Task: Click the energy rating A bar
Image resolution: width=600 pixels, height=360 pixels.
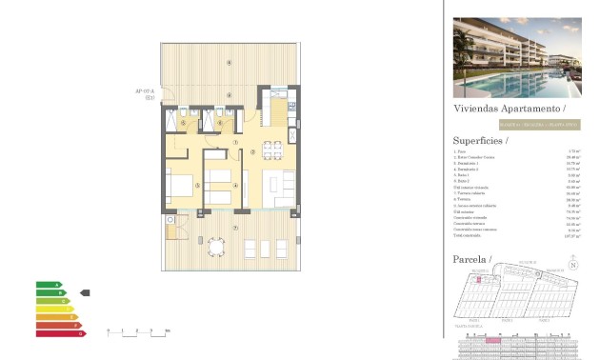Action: (x=48, y=285)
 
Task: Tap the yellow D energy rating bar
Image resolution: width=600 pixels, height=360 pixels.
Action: (x=54, y=309)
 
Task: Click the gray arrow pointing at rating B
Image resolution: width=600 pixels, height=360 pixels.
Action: (x=85, y=292)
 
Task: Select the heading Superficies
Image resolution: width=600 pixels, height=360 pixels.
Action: (x=481, y=139)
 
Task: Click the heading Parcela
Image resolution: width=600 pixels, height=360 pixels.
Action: (x=472, y=258)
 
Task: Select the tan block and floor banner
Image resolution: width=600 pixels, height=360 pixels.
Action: (x=539, y=126)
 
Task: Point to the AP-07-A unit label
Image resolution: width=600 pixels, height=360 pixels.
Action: (x=145, y=92)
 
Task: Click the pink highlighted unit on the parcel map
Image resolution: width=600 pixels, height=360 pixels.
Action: (x=480, y=279)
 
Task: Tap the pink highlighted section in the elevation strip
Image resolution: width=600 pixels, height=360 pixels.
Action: (x=493, y=340)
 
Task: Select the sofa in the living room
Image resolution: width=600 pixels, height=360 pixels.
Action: (x=286, y=187)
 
